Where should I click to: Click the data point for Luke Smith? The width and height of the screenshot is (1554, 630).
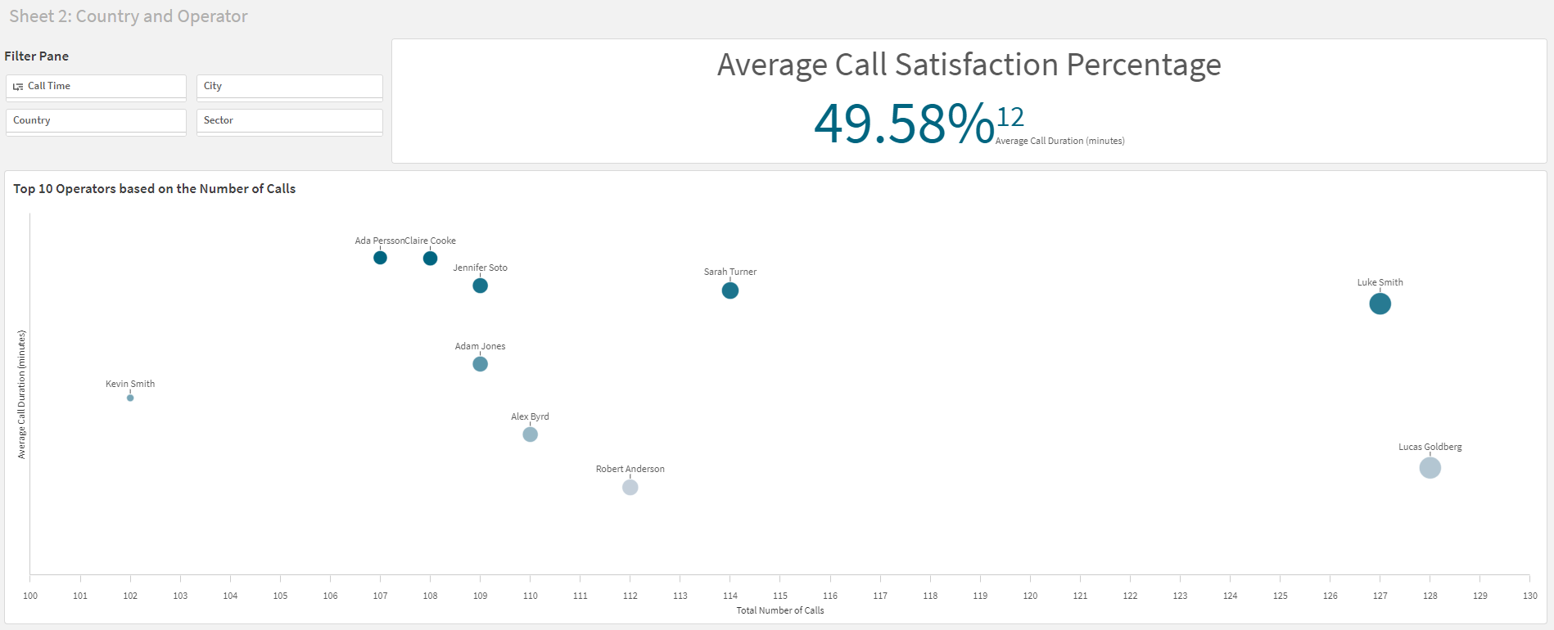coord(1380,304)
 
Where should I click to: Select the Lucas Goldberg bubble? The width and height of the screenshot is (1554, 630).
coord(1430,468)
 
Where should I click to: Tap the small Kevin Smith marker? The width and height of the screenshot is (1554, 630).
coord(130,398)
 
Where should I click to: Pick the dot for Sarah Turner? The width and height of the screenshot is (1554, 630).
coord(730,290)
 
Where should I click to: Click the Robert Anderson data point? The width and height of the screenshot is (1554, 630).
coord(630,488)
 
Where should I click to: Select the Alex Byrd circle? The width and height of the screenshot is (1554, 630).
coord(530,434)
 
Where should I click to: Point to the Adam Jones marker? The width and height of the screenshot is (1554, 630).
coord(480,364)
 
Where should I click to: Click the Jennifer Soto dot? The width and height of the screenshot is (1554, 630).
coord(480,286)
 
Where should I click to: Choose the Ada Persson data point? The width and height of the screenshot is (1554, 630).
coord(380,258)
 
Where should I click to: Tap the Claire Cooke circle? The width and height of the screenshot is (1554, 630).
coord(430,259)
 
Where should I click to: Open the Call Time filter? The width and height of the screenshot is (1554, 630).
coord(96,87)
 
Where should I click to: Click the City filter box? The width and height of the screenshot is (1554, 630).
coord(289,87)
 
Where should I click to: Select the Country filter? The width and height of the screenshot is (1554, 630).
coord(96,121)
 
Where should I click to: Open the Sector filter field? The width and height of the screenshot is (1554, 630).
coord(289,121)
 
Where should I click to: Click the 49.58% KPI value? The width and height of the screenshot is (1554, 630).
coord(903,124)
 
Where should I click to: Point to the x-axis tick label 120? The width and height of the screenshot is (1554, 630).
coord(1030,596)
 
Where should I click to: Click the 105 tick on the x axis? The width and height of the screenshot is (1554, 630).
coord(280,596)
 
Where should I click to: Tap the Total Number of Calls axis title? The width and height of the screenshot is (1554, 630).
coord(779,610)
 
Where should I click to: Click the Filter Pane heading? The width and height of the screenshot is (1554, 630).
coord(37,56)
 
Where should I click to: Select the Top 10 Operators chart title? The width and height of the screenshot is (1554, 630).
coord(154,189)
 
